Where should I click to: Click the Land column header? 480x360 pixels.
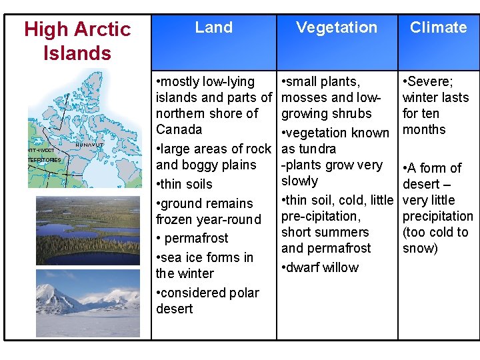pyautogui.click(x=214, y=27)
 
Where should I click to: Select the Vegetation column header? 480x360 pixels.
pyautogui.click(x=337, y=27)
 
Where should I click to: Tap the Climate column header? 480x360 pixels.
pyautogui.click(x=438, y=27)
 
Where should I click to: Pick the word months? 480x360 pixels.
pyautogui.click(x=423, y=129)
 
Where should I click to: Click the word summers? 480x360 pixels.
pyautogui.click(x=343, y=232)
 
